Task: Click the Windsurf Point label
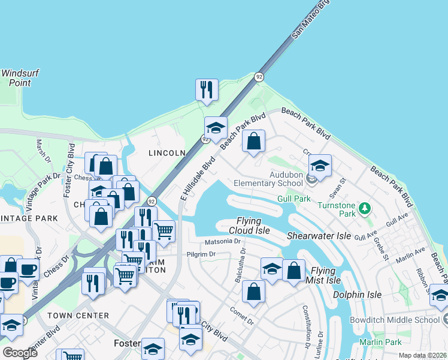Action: [x=20, y=78]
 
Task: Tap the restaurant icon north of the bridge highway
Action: [x=207, y=89]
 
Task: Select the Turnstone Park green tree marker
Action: [x=365, y=208]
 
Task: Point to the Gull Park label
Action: [x=293, y=199]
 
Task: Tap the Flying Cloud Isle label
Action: [x=249, y=226]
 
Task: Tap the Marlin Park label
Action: [x=380, y=343]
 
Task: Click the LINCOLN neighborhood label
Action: [x=167, y=153]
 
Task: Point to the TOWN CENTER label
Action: [x=78, y=316]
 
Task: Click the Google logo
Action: [x=20, y=353]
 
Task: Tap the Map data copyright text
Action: [x=422, y=355]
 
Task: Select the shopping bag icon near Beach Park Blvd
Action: [x=254, y=142]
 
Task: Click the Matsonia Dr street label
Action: [x=222, y=242]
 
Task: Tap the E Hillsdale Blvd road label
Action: [x=198, y=179]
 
